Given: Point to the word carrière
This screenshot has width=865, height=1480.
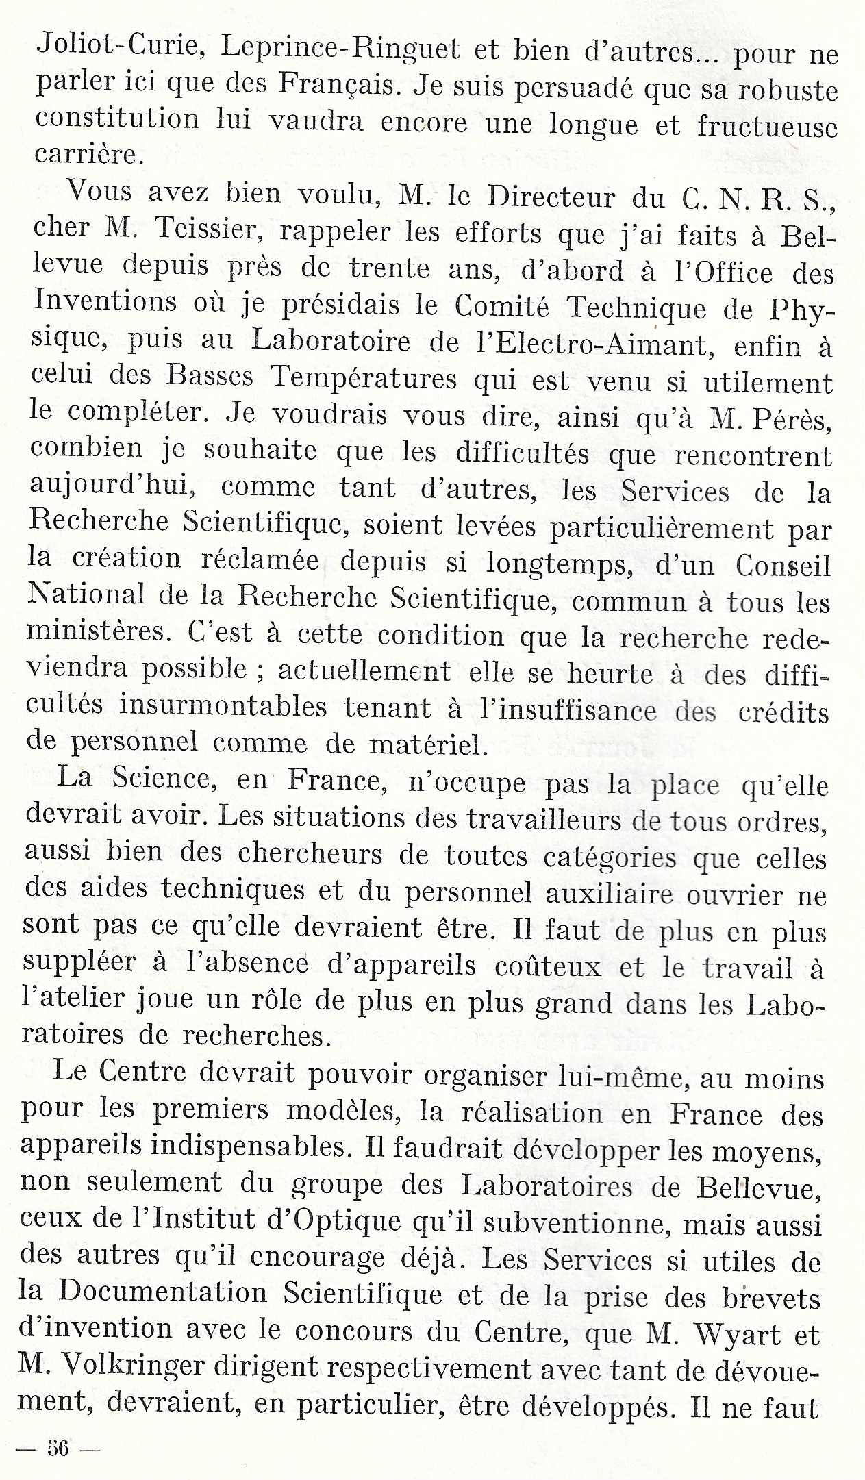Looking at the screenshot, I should point(88,154).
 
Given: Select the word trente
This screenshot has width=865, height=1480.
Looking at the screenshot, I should point(388,268).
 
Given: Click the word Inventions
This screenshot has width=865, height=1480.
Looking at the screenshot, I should point(105,302).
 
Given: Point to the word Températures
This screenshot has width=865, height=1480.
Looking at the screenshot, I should point(363,377).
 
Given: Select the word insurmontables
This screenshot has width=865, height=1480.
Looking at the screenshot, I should point(223,706).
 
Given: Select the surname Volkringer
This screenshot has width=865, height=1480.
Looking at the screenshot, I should point(134,1366).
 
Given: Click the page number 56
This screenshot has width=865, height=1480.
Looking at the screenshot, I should point(58,1448).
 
